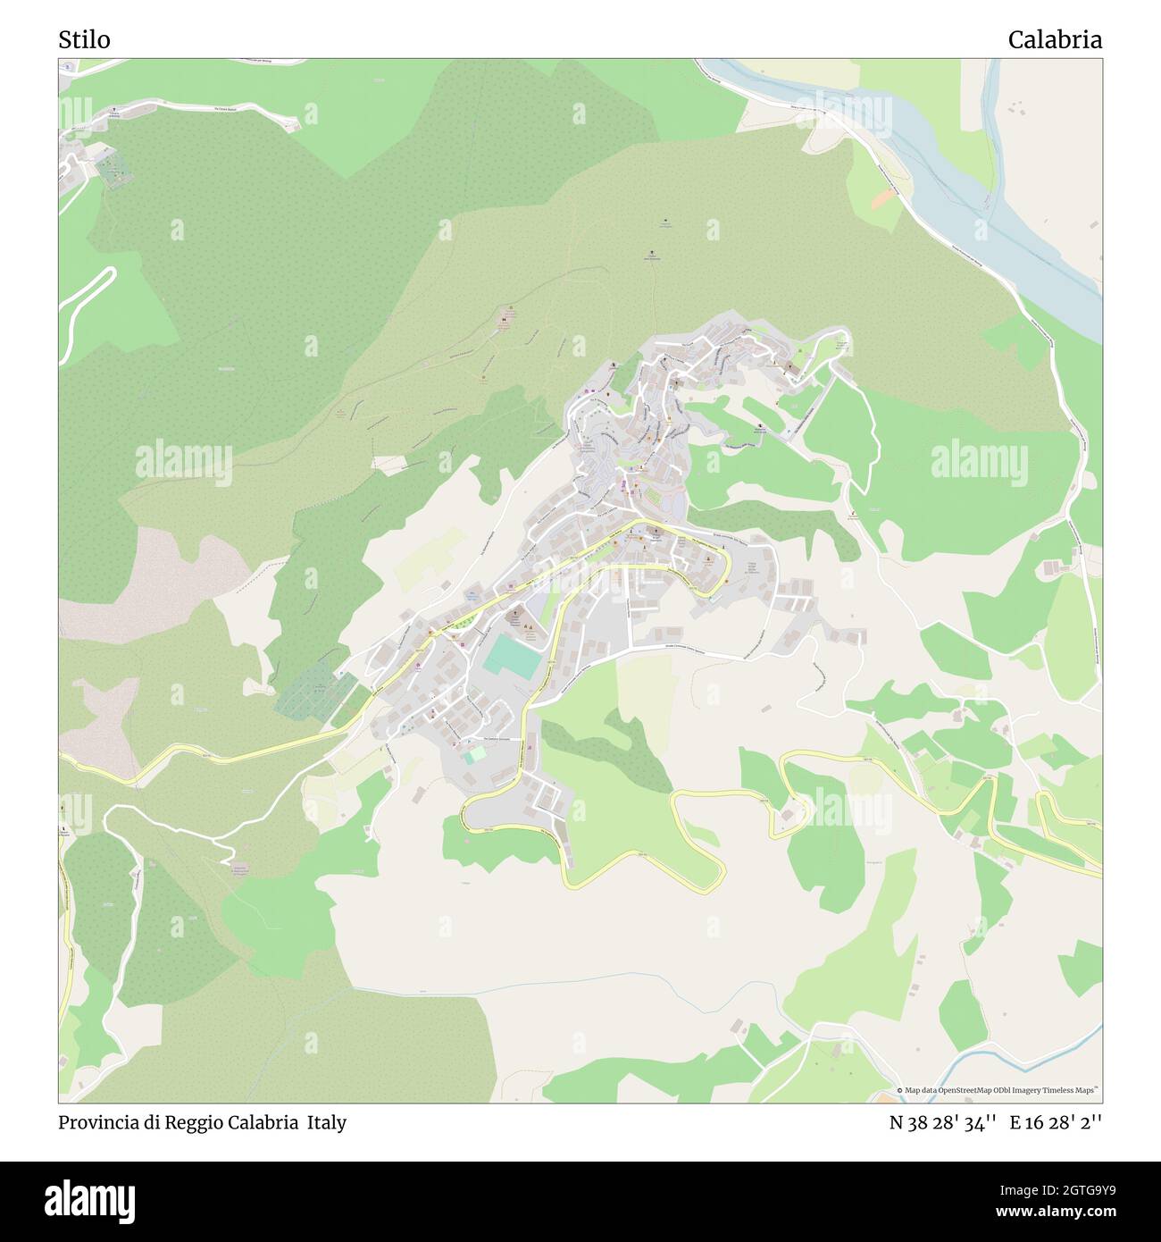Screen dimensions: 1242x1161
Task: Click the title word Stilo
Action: [x=85, y=39]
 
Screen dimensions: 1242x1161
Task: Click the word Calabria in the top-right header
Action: [x=1055, y=39]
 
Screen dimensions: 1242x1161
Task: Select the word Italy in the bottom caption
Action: [x=327, y=1122]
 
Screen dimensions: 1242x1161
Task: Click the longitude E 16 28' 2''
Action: [x=1056, y=1123]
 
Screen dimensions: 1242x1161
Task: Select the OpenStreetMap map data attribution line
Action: [x=998, y=1090]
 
